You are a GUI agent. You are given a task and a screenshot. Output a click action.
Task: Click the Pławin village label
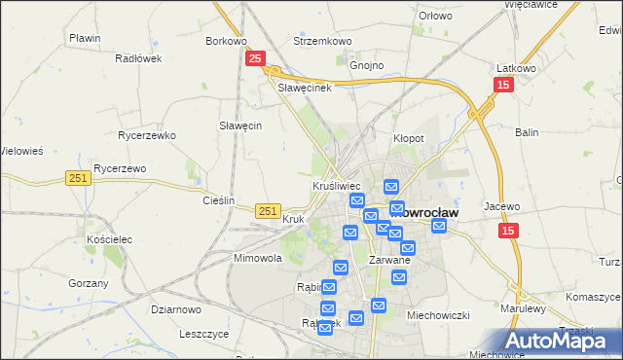point(85,38)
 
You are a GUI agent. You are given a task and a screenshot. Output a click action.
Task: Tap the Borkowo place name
point(226,42)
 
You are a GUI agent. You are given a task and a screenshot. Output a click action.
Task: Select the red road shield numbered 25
point(254,59)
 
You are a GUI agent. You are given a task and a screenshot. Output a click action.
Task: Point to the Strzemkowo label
point(322,42)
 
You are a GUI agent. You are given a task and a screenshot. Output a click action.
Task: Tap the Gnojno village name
point(367,66)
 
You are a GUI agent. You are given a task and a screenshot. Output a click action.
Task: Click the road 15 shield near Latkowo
point(502,86)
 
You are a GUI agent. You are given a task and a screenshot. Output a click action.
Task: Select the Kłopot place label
point(408,138)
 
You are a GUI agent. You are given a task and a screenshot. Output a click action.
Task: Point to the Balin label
point(528,131)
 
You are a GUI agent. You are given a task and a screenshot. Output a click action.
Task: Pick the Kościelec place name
point(108,238)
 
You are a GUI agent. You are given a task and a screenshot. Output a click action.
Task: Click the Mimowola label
point(258,259)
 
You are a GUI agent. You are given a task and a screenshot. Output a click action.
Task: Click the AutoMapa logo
point(563,341)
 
